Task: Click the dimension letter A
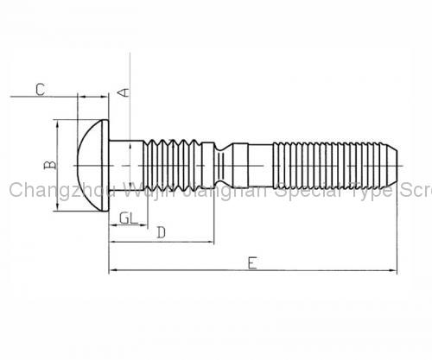point(124,91)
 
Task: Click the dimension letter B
point(50,164)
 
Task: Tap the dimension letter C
point(40,88)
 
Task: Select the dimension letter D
point(162,232)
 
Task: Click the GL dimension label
point(126,218)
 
